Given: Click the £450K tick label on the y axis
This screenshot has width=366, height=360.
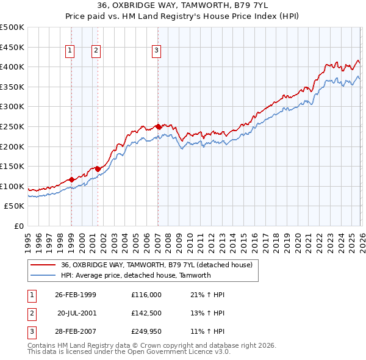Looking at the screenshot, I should pos(12,47).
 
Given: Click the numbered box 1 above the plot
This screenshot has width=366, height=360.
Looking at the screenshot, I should pos(71,51).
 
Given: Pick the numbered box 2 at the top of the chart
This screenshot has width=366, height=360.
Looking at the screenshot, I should pos(96,51).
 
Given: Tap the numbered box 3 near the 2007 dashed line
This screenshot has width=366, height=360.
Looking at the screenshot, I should pos(157,51).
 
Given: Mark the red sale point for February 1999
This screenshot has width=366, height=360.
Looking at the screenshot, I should pos(71,179).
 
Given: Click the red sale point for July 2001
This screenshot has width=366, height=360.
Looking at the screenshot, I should pos(98,169).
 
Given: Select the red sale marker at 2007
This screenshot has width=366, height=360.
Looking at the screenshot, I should pos(158,126).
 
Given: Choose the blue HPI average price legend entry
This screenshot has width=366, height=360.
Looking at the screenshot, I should pos(135,275).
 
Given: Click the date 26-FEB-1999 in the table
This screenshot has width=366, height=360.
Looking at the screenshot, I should pos(75,295).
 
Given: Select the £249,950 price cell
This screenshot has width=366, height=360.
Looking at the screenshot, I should pos(146,333).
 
